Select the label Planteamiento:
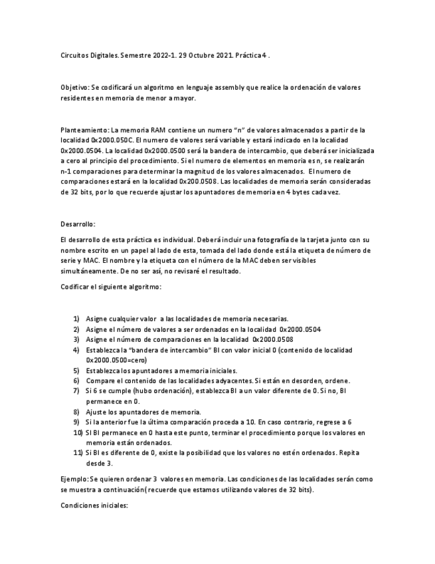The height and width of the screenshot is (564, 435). [x=84, y=130]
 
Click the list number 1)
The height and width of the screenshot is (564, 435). [x=76, y=319]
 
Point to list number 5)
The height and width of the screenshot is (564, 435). [x=76, y=370]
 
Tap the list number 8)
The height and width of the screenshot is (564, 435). [x=76, y=412]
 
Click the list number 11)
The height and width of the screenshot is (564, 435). [x=76, y=453]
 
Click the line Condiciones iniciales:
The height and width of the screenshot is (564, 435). [x=94, y=505]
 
